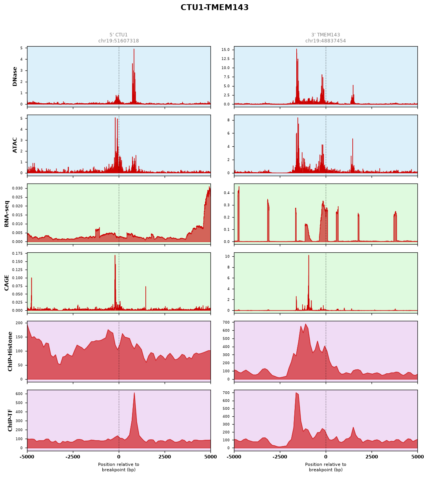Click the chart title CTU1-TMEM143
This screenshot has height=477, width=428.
pos(214,7)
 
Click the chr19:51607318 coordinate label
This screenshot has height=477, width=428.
pos(118,41)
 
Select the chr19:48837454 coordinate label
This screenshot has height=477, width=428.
pos(325,41)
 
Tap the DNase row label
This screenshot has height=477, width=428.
pos(15,77)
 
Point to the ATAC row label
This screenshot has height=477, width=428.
pos(15,145)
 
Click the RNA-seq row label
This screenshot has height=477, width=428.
pos(7,214)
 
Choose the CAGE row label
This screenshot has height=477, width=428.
pos(7,283)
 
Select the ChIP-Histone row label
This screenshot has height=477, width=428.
pos(10,351)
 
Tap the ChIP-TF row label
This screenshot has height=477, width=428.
pos(10,420)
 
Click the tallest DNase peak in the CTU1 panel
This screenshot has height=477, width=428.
pos(134,49)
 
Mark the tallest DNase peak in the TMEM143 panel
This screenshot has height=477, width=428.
pos(296,49)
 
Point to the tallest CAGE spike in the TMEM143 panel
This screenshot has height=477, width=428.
pos(308,256)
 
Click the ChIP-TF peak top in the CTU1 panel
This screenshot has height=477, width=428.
pos(134,393)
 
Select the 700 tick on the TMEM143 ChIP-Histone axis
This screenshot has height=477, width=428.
pos(227,322)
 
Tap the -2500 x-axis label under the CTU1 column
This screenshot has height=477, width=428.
pos(73,457)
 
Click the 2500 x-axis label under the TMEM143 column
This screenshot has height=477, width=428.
pos(372,457)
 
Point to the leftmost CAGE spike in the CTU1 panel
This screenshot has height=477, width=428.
pos(31,278)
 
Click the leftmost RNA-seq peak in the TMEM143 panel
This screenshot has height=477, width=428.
pos(238,187)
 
